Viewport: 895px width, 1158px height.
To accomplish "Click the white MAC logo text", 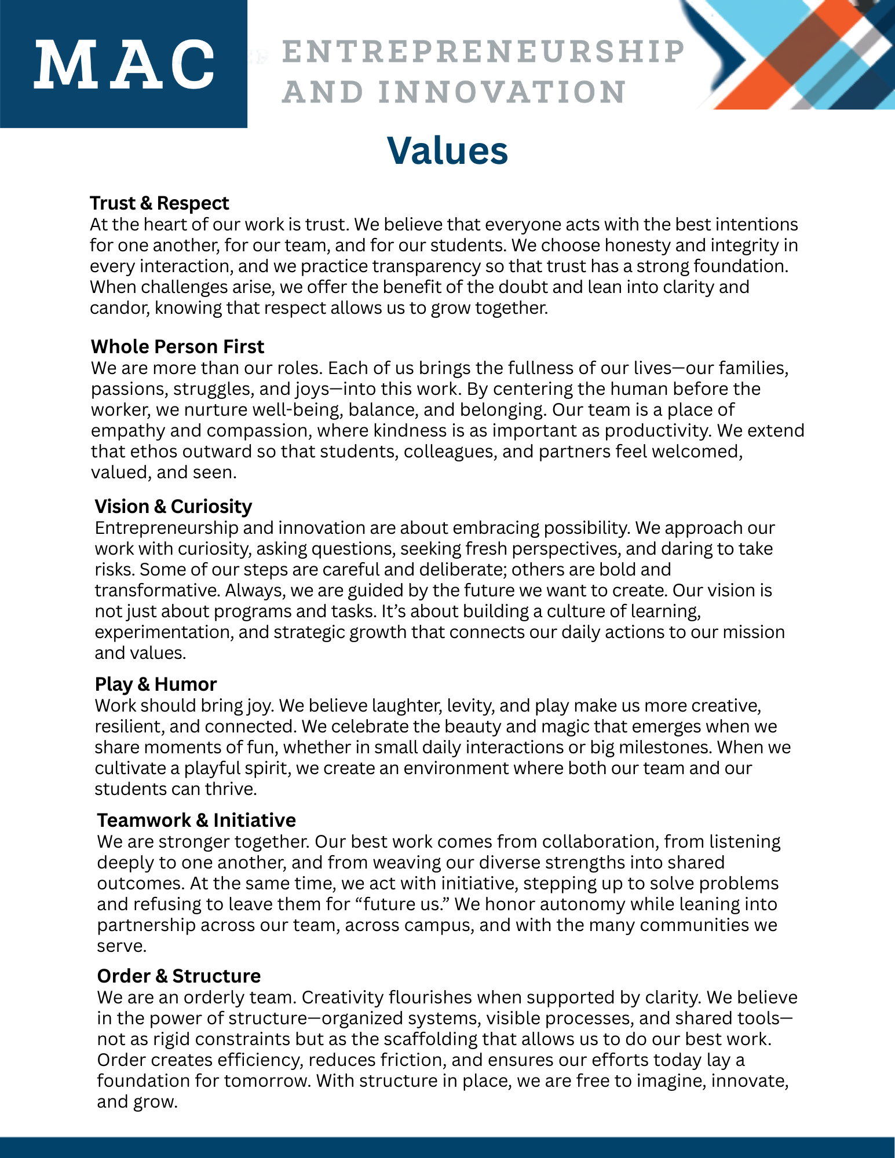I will click(124, 64).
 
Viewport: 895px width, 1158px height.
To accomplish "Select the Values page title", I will click(447, 151).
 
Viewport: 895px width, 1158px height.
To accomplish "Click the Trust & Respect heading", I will click(159, 203).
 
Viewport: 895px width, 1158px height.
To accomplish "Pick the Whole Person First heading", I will click(177, 347).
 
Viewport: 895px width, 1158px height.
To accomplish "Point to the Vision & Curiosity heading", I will click(173, 507).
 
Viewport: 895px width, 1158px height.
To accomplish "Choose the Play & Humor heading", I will click(156, 684).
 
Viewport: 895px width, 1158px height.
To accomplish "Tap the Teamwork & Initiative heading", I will click(196, 820).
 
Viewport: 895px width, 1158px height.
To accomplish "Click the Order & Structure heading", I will click(179, 976).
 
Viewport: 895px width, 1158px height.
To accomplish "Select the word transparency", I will click(426, 266).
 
